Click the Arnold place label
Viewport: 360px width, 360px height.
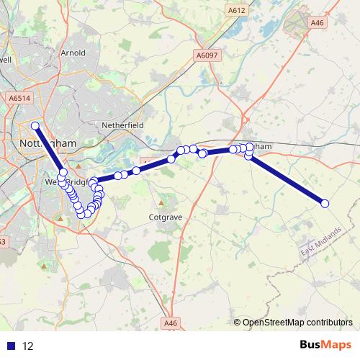(73, 53)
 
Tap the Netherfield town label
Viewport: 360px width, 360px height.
(124, 125)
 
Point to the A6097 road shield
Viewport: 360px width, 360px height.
(207, 54)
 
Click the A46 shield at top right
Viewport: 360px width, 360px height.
(317, 23)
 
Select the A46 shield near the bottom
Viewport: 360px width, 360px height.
(170, 323)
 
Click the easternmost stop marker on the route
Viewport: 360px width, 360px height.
(325, 204)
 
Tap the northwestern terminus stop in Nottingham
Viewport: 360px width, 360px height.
(35, 125)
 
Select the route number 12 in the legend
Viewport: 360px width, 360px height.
(28, 346)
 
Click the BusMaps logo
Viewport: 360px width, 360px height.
(323, 345)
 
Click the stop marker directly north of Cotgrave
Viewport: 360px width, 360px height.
(171, 158)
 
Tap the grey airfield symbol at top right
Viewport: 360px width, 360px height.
(297, 24)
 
